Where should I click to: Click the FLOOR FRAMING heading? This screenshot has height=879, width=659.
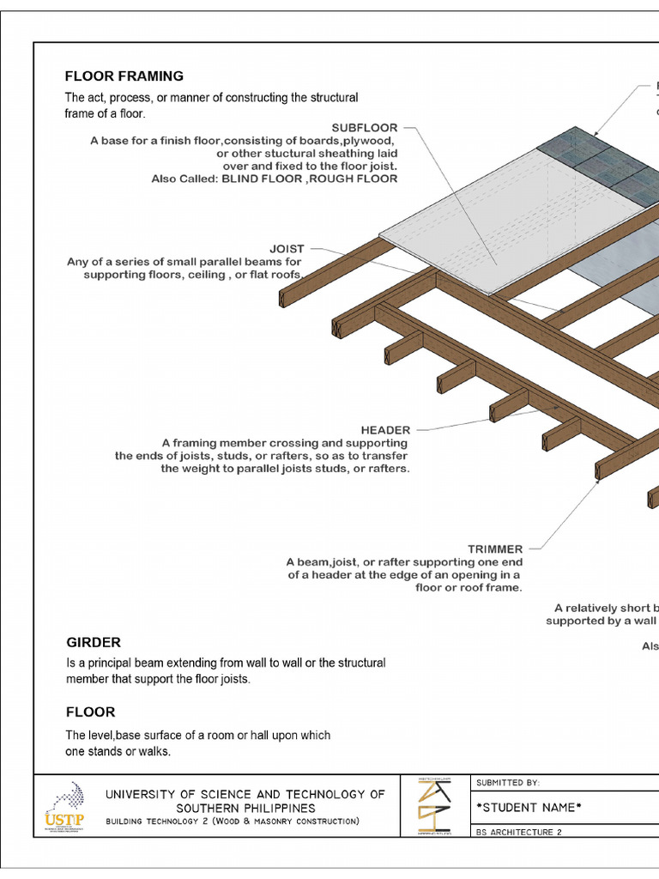[x=124, y=76]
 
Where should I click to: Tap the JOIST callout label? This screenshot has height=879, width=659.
[x=287, y=249]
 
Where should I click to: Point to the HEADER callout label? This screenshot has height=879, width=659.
[x=385, y=429]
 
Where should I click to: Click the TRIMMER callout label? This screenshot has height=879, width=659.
[x=495, y=549]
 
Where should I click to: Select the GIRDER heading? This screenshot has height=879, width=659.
[x=94, y=642]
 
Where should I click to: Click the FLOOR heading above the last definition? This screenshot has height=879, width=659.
[x=91, y=712]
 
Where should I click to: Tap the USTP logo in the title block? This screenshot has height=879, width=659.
[x=64, y=808]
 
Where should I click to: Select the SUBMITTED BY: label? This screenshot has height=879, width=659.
[x=509, y=782]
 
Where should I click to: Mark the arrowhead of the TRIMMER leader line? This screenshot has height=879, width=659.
[x=598, y=481]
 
